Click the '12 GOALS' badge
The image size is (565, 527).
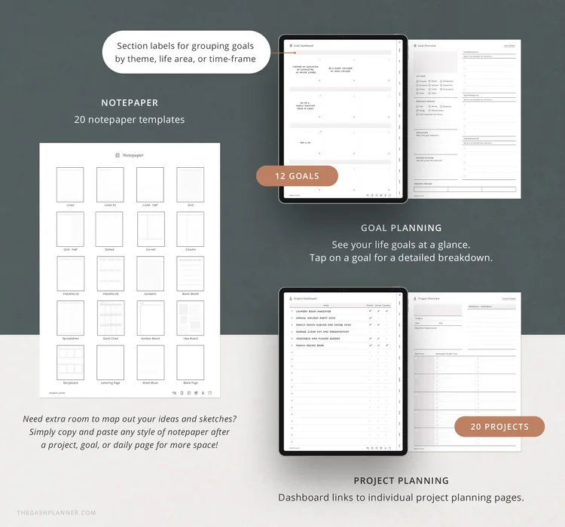[297, 176]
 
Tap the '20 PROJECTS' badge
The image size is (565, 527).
[499, 426]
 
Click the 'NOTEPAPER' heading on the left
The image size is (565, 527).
[130, 103]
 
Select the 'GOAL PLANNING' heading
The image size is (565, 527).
[401, 227]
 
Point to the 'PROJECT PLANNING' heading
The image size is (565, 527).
[401, 480]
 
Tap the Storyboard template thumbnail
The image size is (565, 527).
[70, 362]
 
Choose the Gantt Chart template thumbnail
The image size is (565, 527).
[110, 318]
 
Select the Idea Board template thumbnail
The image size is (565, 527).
[190, 318]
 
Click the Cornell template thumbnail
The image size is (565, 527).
[150, 229]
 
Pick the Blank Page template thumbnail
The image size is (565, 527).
[190, 362]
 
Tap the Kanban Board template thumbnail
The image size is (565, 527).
[150, 318]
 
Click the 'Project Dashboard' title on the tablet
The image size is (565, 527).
[308, 298]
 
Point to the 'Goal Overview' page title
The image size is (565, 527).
[426, 46]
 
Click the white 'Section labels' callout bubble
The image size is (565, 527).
[185, 52]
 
